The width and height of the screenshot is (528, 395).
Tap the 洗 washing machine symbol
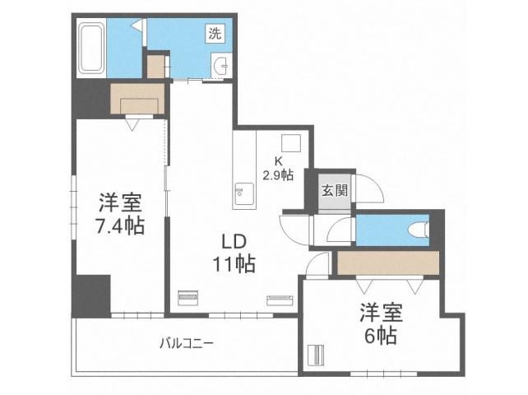[215, 34]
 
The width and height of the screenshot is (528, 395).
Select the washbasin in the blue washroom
[220, 67]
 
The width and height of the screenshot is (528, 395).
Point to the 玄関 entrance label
[334, 191]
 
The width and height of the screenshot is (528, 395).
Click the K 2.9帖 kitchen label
[278, 169]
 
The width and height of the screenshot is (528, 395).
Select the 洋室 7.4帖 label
[118, 213]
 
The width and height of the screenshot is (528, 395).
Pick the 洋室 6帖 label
[380, 324]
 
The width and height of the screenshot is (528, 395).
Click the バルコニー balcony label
[187, 343]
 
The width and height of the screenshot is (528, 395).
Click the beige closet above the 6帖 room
[388, 263]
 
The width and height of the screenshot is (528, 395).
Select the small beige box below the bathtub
[156, 67]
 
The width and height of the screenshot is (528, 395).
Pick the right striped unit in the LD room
[280, 300]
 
